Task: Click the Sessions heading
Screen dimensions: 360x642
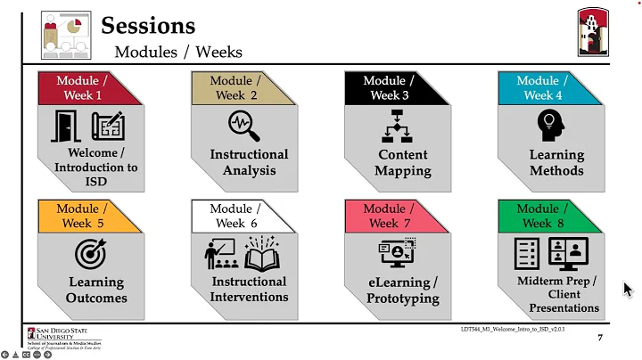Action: (x=148, y=24)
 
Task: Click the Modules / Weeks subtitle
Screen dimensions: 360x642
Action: (x=177, y=52)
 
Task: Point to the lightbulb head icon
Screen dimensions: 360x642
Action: (x=550, y=125)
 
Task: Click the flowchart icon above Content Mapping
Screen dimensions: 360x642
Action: (x=397, y=127)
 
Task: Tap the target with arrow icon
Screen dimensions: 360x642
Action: (x=90, y=254)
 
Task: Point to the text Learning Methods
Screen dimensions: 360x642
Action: (x=556, y=162)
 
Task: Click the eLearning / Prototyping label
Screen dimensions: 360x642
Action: (x=403, y=290)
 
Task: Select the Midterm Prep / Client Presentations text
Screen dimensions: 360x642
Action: (x=557, y=295)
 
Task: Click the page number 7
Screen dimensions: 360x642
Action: (x=599, y=339)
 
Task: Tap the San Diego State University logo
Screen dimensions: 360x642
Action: (x=62, y=336)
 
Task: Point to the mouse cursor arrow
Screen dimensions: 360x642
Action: (x=627, y=289)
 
